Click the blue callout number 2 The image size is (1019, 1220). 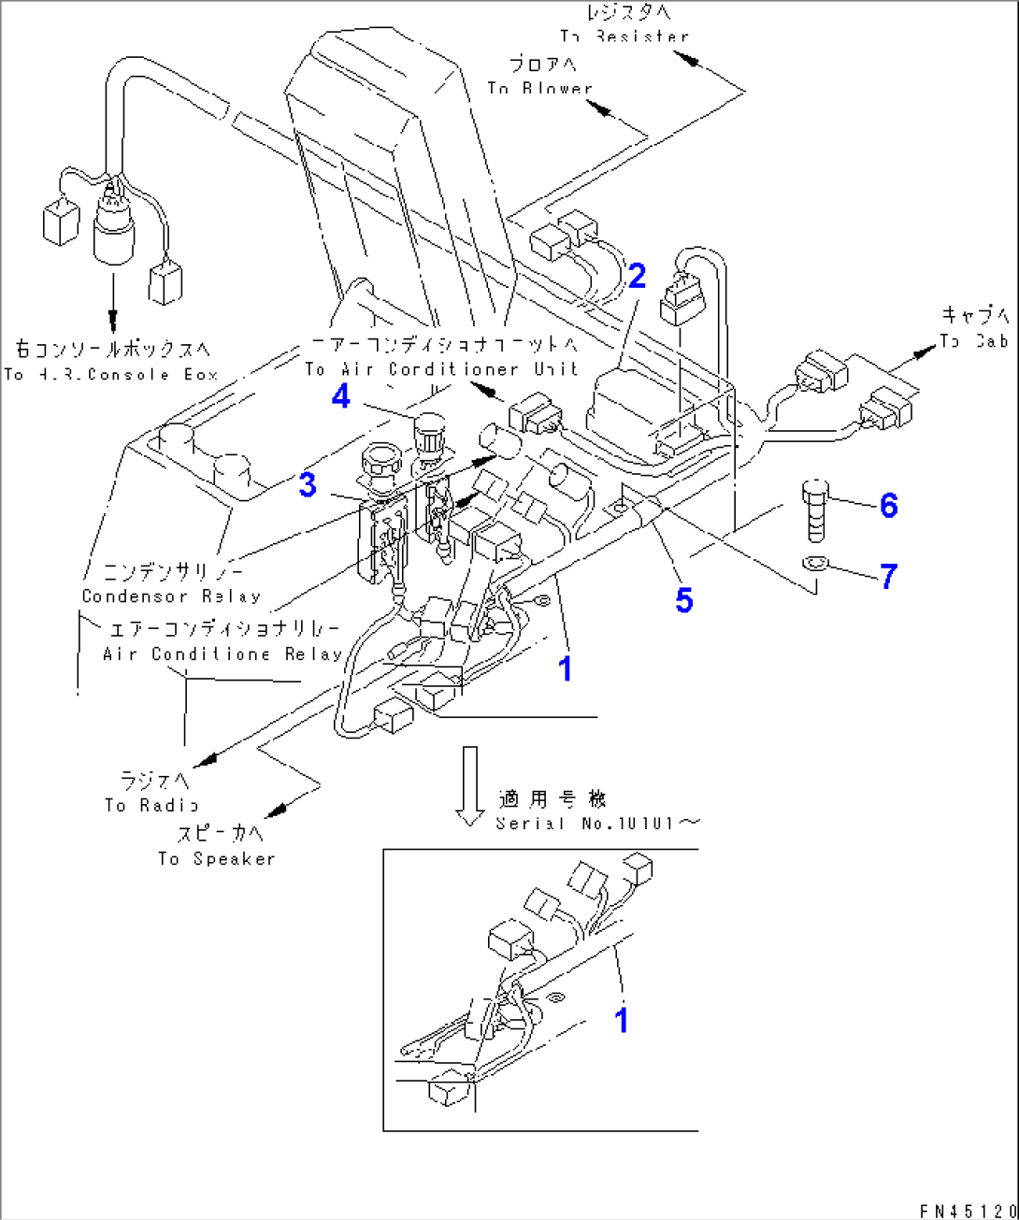click(x=637, y=276)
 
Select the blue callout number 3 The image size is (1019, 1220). click(x=308, y=485)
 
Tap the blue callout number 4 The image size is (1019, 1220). click(x=341, y=396)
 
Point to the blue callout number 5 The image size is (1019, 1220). click(x=684, y=600)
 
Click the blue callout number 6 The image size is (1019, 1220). click(x=888, y=505)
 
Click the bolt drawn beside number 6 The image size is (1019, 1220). click(x=815, y=511)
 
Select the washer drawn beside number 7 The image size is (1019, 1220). click(x=814, y=563)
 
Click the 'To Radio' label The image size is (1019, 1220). click(x=151, y=805)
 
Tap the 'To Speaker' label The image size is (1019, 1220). click(x=216, y=858)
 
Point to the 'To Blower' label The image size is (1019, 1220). click(x=539, y=88)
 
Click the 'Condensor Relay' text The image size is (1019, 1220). click(x=171, y=596)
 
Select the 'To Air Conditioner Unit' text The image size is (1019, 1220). click(x=441, y=369)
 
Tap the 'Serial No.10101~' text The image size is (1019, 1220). click(x=596, y=823)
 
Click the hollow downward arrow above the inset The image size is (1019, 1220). click(x=469, y=785)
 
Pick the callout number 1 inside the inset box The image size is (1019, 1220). click(x=622, y=1020)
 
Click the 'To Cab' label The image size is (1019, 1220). click(x=974, y=341)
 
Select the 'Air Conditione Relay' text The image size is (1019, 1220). click(x=222, y=653)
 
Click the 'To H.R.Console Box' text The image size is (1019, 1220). click(x=110, y=374)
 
